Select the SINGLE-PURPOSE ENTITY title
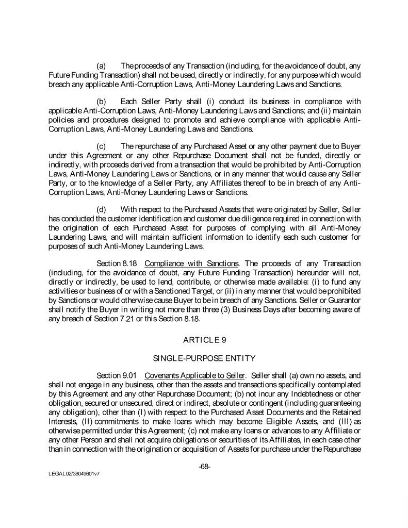204,357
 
